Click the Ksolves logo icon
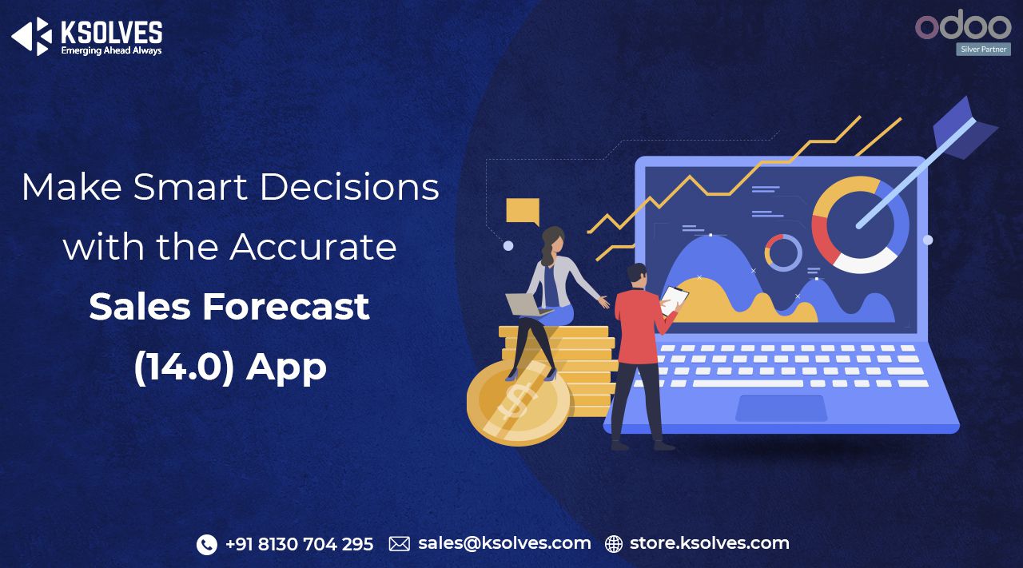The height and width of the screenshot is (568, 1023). (x=31, y=36)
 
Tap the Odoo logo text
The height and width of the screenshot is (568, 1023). (x=963, y=26)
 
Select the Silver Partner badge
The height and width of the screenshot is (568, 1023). (x=983, y=50)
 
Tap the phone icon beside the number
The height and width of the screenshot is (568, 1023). (x=206, y=544)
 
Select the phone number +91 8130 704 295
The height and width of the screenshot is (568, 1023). (x=299, y=544)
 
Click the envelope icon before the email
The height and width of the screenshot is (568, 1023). (x=399, y=544)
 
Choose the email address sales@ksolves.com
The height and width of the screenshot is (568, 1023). (x=504, y=544)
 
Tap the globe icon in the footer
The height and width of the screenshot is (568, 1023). (x=613, y=544)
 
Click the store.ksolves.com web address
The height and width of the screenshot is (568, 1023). (x=709, y=544)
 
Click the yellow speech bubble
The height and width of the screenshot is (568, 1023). (x=523, y=212)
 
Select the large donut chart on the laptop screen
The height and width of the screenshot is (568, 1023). (x=860, y=224)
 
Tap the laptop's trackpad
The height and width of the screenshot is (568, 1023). (x=781, y=407)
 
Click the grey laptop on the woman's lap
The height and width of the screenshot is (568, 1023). (x=524, y=304)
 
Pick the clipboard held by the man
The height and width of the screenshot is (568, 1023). (x=675, y=299)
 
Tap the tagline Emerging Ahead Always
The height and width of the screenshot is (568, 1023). (x=111, y=50)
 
